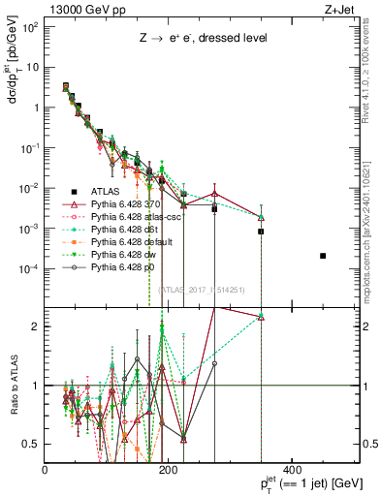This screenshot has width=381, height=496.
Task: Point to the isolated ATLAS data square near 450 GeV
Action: (x=323, y=256)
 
